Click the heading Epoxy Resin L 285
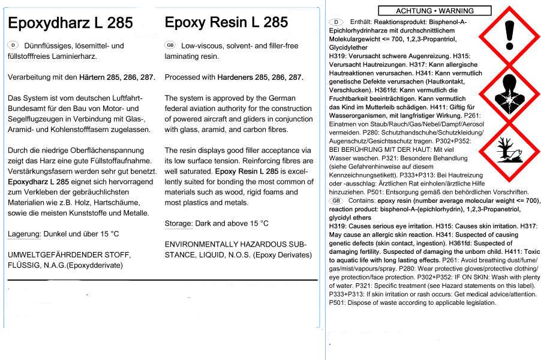(226, 23)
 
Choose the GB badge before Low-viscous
(170, 46)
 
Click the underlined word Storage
(179, 223)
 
